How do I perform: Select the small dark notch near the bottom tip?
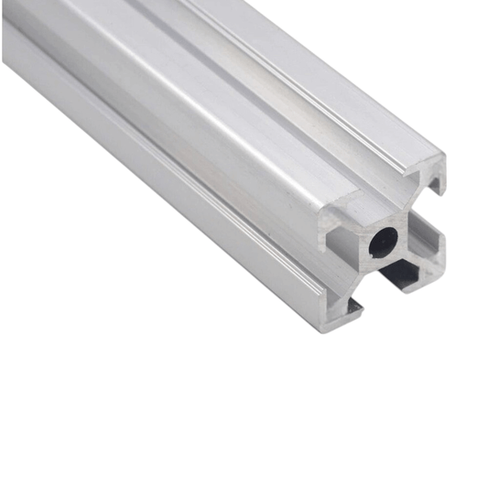click(352, 311)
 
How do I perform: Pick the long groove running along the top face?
click(275, 101)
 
